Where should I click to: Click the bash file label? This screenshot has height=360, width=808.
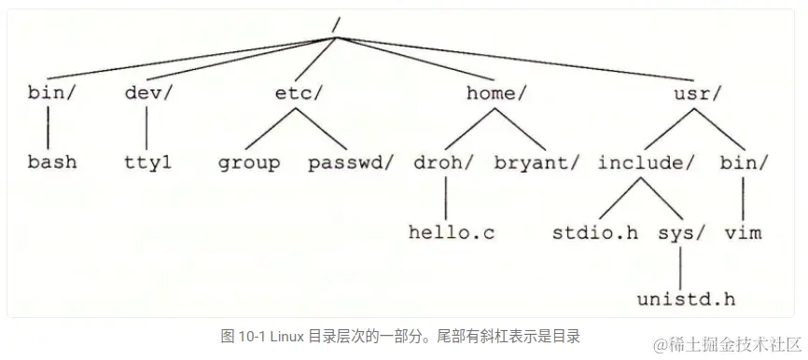click(x=51, y=162)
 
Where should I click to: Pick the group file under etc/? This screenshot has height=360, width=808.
click(x=248, y=162)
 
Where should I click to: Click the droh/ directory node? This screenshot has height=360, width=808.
click(x=442, y=162)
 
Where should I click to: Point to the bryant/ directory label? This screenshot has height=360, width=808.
click(x=536, y=162)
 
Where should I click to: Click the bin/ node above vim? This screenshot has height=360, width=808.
click(x=744, y=162)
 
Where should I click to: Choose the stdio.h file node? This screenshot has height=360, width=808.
click(x=594, y=232)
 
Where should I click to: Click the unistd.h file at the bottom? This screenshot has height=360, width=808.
click(x=687, y=299)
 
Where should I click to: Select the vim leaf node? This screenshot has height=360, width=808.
click(x=744, y=232)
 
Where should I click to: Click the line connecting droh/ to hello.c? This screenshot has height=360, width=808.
click(x=447, y=197)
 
